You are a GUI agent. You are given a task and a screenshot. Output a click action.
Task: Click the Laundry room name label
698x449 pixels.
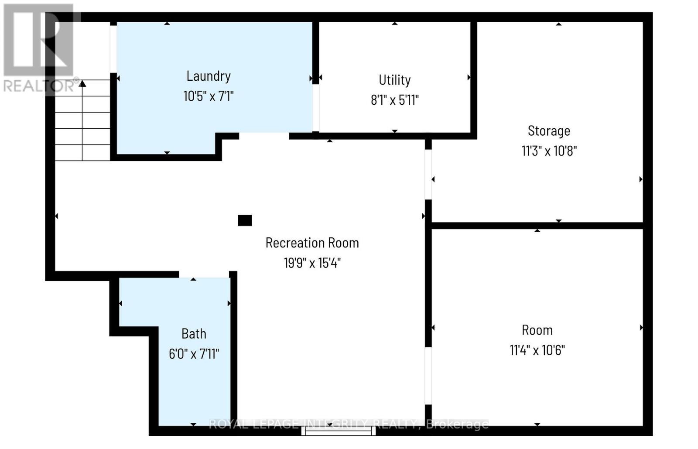pos(209,76)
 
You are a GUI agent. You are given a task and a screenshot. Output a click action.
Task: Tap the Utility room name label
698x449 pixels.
pos(394,80)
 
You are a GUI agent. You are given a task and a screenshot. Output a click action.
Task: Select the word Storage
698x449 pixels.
pos(549,131)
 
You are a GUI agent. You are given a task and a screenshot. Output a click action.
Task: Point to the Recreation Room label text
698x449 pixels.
pos(312,243)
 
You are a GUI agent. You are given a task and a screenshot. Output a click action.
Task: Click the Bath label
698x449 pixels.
pos(194,334)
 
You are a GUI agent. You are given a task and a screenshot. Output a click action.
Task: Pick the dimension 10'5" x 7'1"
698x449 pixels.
pos(209,96)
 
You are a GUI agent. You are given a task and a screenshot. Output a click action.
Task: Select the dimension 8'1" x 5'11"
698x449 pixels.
pos(394,100)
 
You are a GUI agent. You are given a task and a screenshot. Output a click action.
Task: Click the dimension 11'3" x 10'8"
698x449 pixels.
pos(549,151)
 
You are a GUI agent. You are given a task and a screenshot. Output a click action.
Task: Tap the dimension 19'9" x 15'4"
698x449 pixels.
pos(312,263)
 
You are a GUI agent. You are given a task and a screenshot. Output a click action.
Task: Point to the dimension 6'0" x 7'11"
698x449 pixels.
pos(194,354)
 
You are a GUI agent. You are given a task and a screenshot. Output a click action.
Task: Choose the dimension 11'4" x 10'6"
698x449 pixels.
pos(537,350)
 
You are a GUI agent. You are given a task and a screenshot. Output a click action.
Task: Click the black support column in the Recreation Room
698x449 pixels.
pos(245,220)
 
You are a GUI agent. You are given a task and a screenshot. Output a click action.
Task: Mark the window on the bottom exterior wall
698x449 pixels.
pos(339,431)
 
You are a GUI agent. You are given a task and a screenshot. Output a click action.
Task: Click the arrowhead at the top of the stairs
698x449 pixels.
pos(82,83)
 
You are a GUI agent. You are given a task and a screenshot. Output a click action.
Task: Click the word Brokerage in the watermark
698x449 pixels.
pos(457,424)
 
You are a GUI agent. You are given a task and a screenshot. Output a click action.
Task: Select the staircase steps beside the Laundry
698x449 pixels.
pos(82,120)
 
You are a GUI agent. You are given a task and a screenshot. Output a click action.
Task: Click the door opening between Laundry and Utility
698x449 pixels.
pos(316,108)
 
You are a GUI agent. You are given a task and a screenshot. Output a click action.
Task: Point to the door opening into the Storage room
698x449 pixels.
pos(428,175)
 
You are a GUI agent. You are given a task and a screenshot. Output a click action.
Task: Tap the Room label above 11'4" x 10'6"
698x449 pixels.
pos(537,330)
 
